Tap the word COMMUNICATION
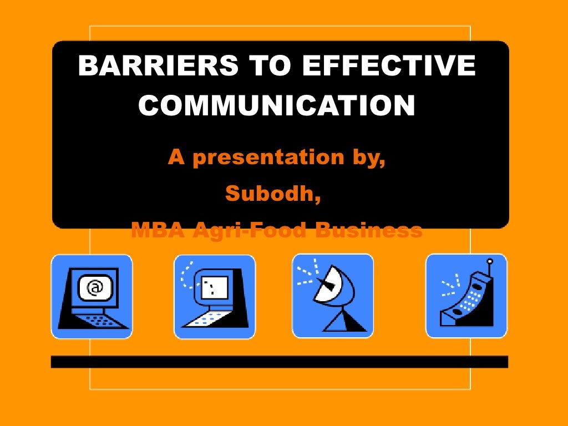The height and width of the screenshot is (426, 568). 277,105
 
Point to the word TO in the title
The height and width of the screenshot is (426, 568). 261,67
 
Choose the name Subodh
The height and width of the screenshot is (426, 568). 273,194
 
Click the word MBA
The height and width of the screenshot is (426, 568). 157,229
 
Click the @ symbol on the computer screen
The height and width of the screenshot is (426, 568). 95,287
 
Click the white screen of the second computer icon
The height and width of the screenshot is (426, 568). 215,287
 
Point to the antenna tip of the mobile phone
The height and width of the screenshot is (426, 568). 490,261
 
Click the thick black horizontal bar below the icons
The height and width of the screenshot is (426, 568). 280,362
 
